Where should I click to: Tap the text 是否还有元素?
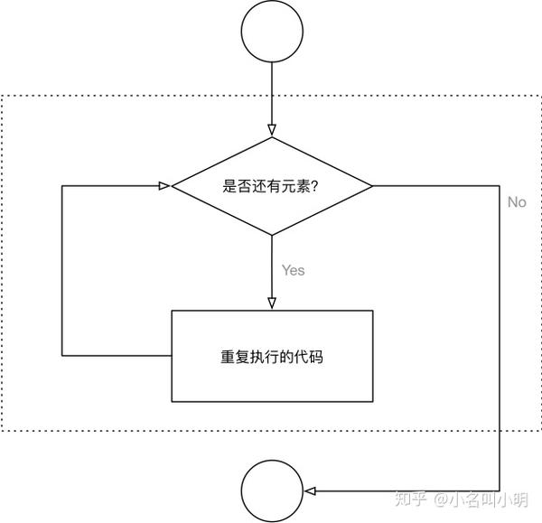[x=270, y=186]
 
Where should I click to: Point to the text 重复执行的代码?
[x=272, y=357]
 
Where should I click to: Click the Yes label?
[x=293, y=270]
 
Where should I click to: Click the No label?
[x=517, y=202]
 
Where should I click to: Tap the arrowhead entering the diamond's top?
[x=272, y=130]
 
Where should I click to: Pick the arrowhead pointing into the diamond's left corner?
[x=164, y=186]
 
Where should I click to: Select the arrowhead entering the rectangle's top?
[x=272, y=303]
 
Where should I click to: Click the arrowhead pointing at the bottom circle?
[x=310, y=490]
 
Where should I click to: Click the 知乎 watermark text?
[x=410, y=500]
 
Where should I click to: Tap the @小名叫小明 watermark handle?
[x=481, y=500]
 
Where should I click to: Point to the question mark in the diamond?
[x=314, y=186]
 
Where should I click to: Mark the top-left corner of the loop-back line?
[x=62, y=186]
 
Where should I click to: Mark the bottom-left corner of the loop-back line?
[x=62, y=355]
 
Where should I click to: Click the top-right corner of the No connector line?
[x=500, y=186]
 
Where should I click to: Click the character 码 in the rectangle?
[x=316, y=357]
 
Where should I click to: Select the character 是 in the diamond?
[x=229, y=186]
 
